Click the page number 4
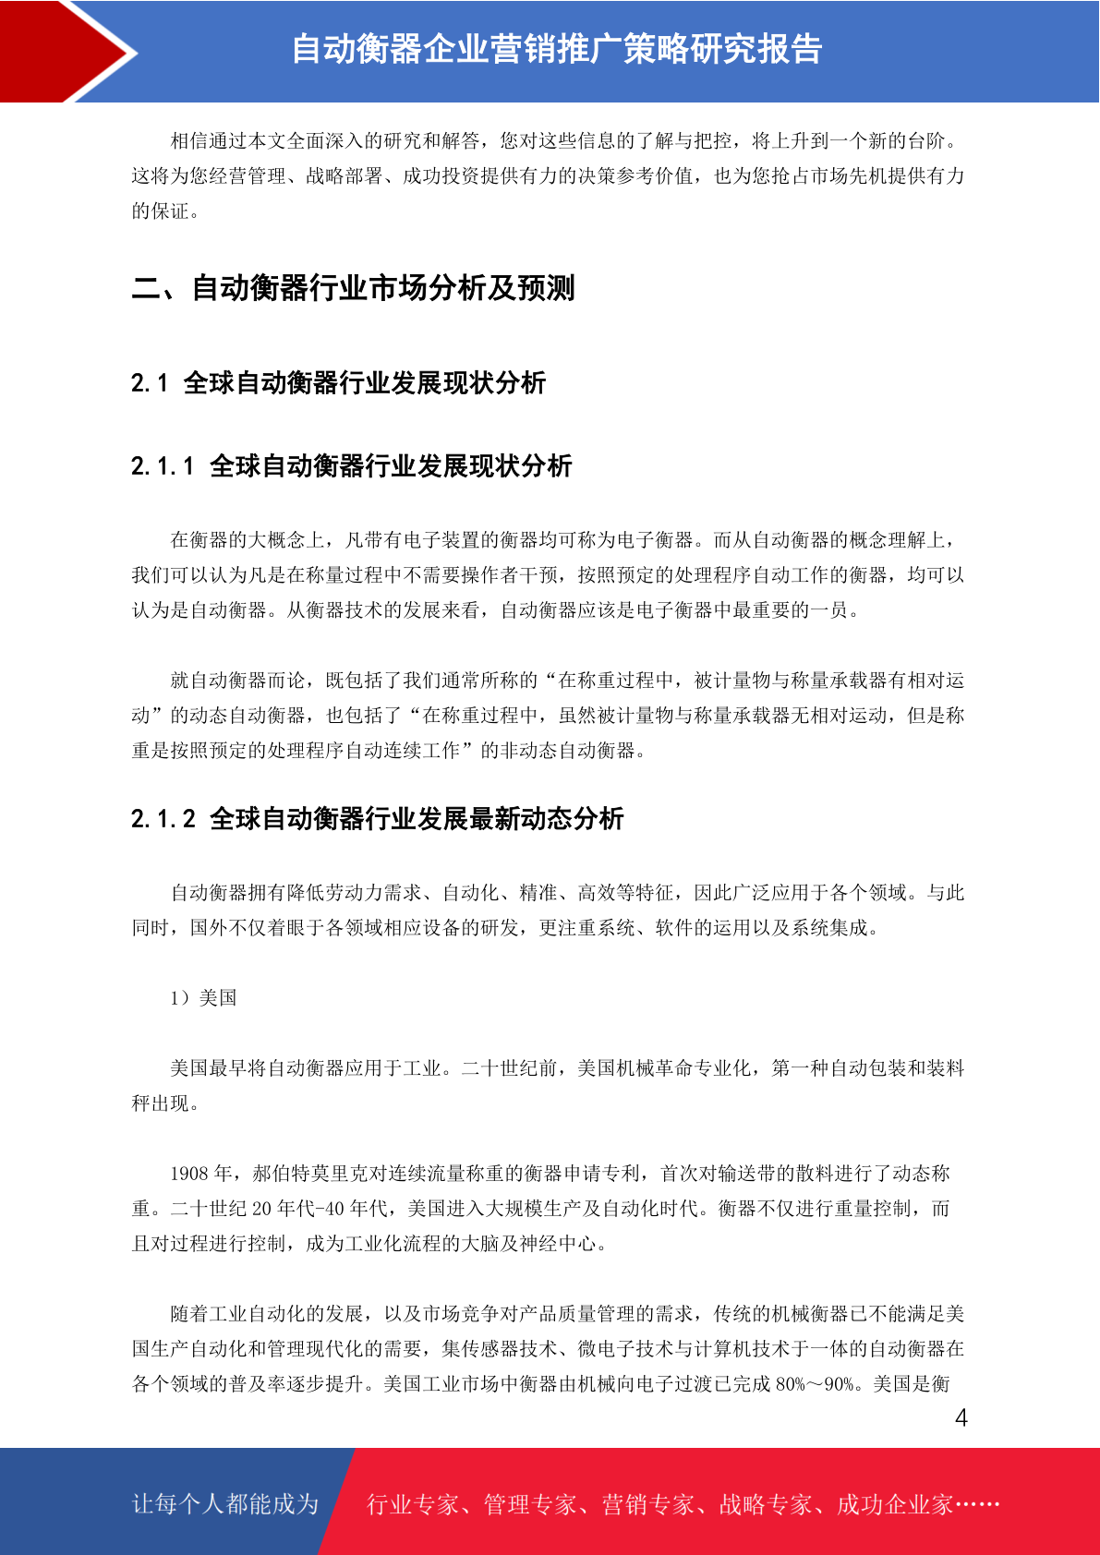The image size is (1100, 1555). [961, 1418]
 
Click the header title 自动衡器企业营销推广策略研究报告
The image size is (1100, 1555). [556, 49]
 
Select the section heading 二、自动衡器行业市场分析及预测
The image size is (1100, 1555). [353, 288]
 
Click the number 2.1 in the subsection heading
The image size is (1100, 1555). [149, 383]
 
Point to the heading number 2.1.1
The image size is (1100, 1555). [163, 466]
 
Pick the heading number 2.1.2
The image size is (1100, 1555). [163, 819]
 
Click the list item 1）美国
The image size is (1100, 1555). [203, 998]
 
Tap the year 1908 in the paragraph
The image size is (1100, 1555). [189, 1174]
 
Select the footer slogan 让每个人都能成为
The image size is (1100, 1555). [225, 1504]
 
